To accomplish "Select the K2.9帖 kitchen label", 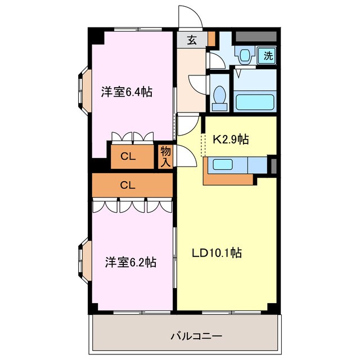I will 231,139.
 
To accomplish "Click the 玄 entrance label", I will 192,40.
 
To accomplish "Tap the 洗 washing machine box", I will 268,55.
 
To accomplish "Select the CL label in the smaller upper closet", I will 129,157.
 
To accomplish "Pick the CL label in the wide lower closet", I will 128,184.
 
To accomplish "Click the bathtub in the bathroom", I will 254,102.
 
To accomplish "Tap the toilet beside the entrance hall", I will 221,95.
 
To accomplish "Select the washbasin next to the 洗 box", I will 245,56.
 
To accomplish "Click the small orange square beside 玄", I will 211,39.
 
